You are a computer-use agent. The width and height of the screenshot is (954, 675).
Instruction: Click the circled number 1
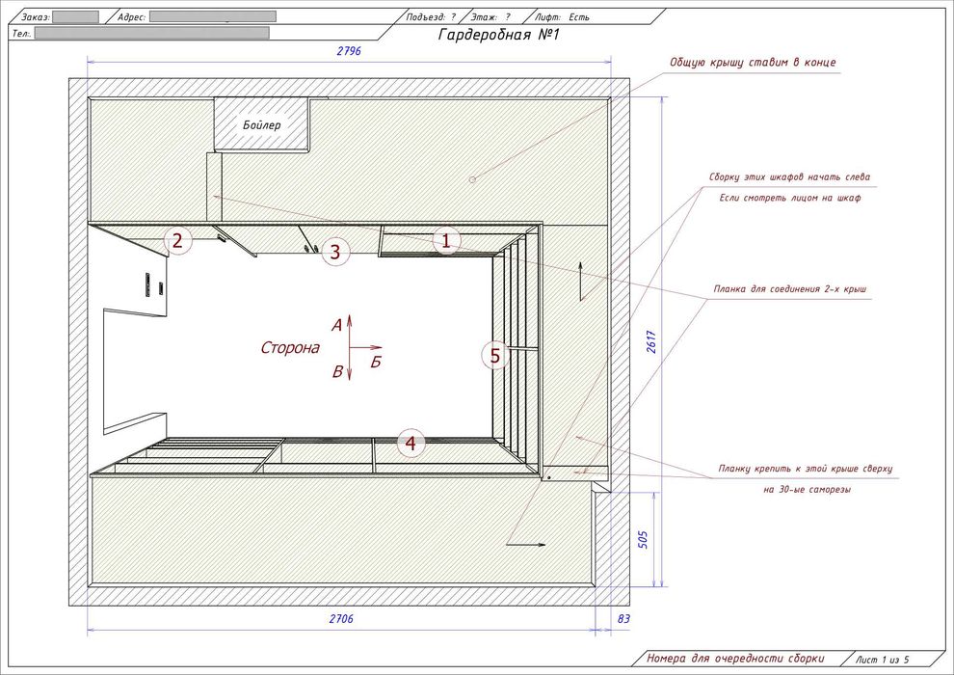[446, 242]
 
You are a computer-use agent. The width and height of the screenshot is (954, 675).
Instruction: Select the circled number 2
[177, 241]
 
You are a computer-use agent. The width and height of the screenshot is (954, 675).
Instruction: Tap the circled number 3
[334, 252]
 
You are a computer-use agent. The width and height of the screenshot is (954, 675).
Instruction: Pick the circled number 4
[411, 444]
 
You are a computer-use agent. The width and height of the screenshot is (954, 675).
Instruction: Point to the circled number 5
[495, 356]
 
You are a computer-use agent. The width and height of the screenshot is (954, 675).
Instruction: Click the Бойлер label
[261, 125]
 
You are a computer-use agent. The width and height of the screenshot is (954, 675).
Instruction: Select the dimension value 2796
[349, 51]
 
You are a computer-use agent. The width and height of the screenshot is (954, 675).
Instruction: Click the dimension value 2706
[341, 619]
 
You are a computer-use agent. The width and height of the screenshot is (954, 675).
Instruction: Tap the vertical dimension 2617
[651, 341]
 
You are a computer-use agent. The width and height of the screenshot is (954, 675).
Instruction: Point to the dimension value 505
[643, 539]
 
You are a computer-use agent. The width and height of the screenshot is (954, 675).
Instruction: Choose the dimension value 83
[623, 619]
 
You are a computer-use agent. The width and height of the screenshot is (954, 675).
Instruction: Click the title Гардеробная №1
[498, 35]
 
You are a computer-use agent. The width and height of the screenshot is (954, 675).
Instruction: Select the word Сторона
[290, 348]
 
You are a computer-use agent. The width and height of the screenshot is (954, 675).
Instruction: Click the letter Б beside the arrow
[376, 363]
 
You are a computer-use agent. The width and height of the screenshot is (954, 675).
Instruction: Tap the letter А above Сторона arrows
[336, 326]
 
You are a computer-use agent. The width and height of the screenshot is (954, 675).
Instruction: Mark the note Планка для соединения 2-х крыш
[790, 289]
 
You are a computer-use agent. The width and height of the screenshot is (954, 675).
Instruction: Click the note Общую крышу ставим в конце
[753, 62]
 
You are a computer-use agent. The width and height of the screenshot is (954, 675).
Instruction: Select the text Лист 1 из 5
[882, 660]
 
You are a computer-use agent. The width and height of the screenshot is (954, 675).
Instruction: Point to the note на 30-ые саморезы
[807, 489]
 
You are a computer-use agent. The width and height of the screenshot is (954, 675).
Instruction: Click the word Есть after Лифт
[579, 17]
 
